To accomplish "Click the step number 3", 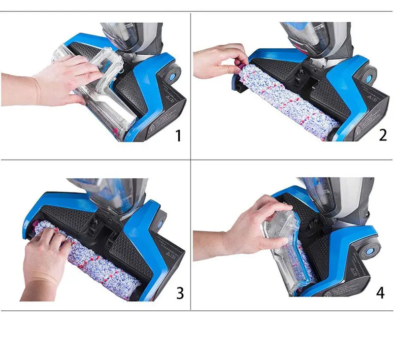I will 180,293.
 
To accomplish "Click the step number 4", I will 380,293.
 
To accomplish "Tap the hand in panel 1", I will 59,79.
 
